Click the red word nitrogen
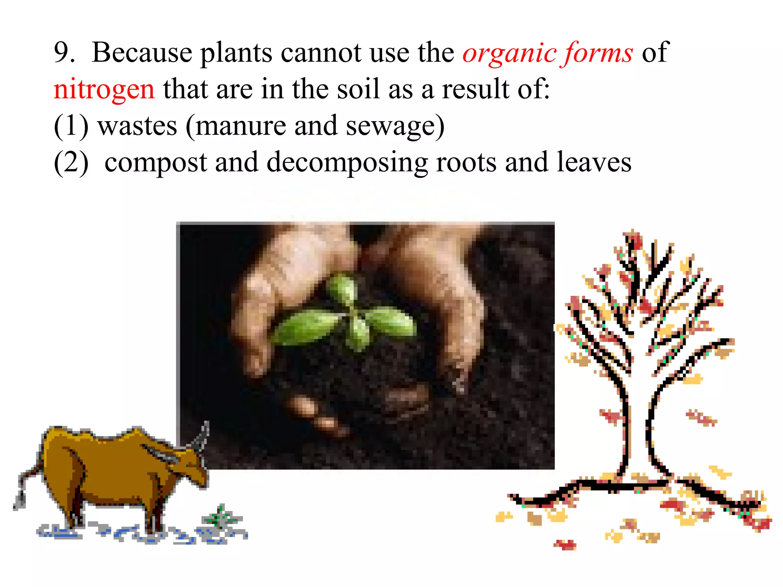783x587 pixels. coord(104,89)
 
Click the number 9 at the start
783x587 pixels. coord(62,52)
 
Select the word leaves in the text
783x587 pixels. coord(594,162)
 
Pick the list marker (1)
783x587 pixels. coord(71,126)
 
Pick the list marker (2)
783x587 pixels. coord(71,163)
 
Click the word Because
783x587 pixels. coord(142,52)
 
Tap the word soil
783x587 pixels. coord(358,89)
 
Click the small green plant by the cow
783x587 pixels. coord(220,518)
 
